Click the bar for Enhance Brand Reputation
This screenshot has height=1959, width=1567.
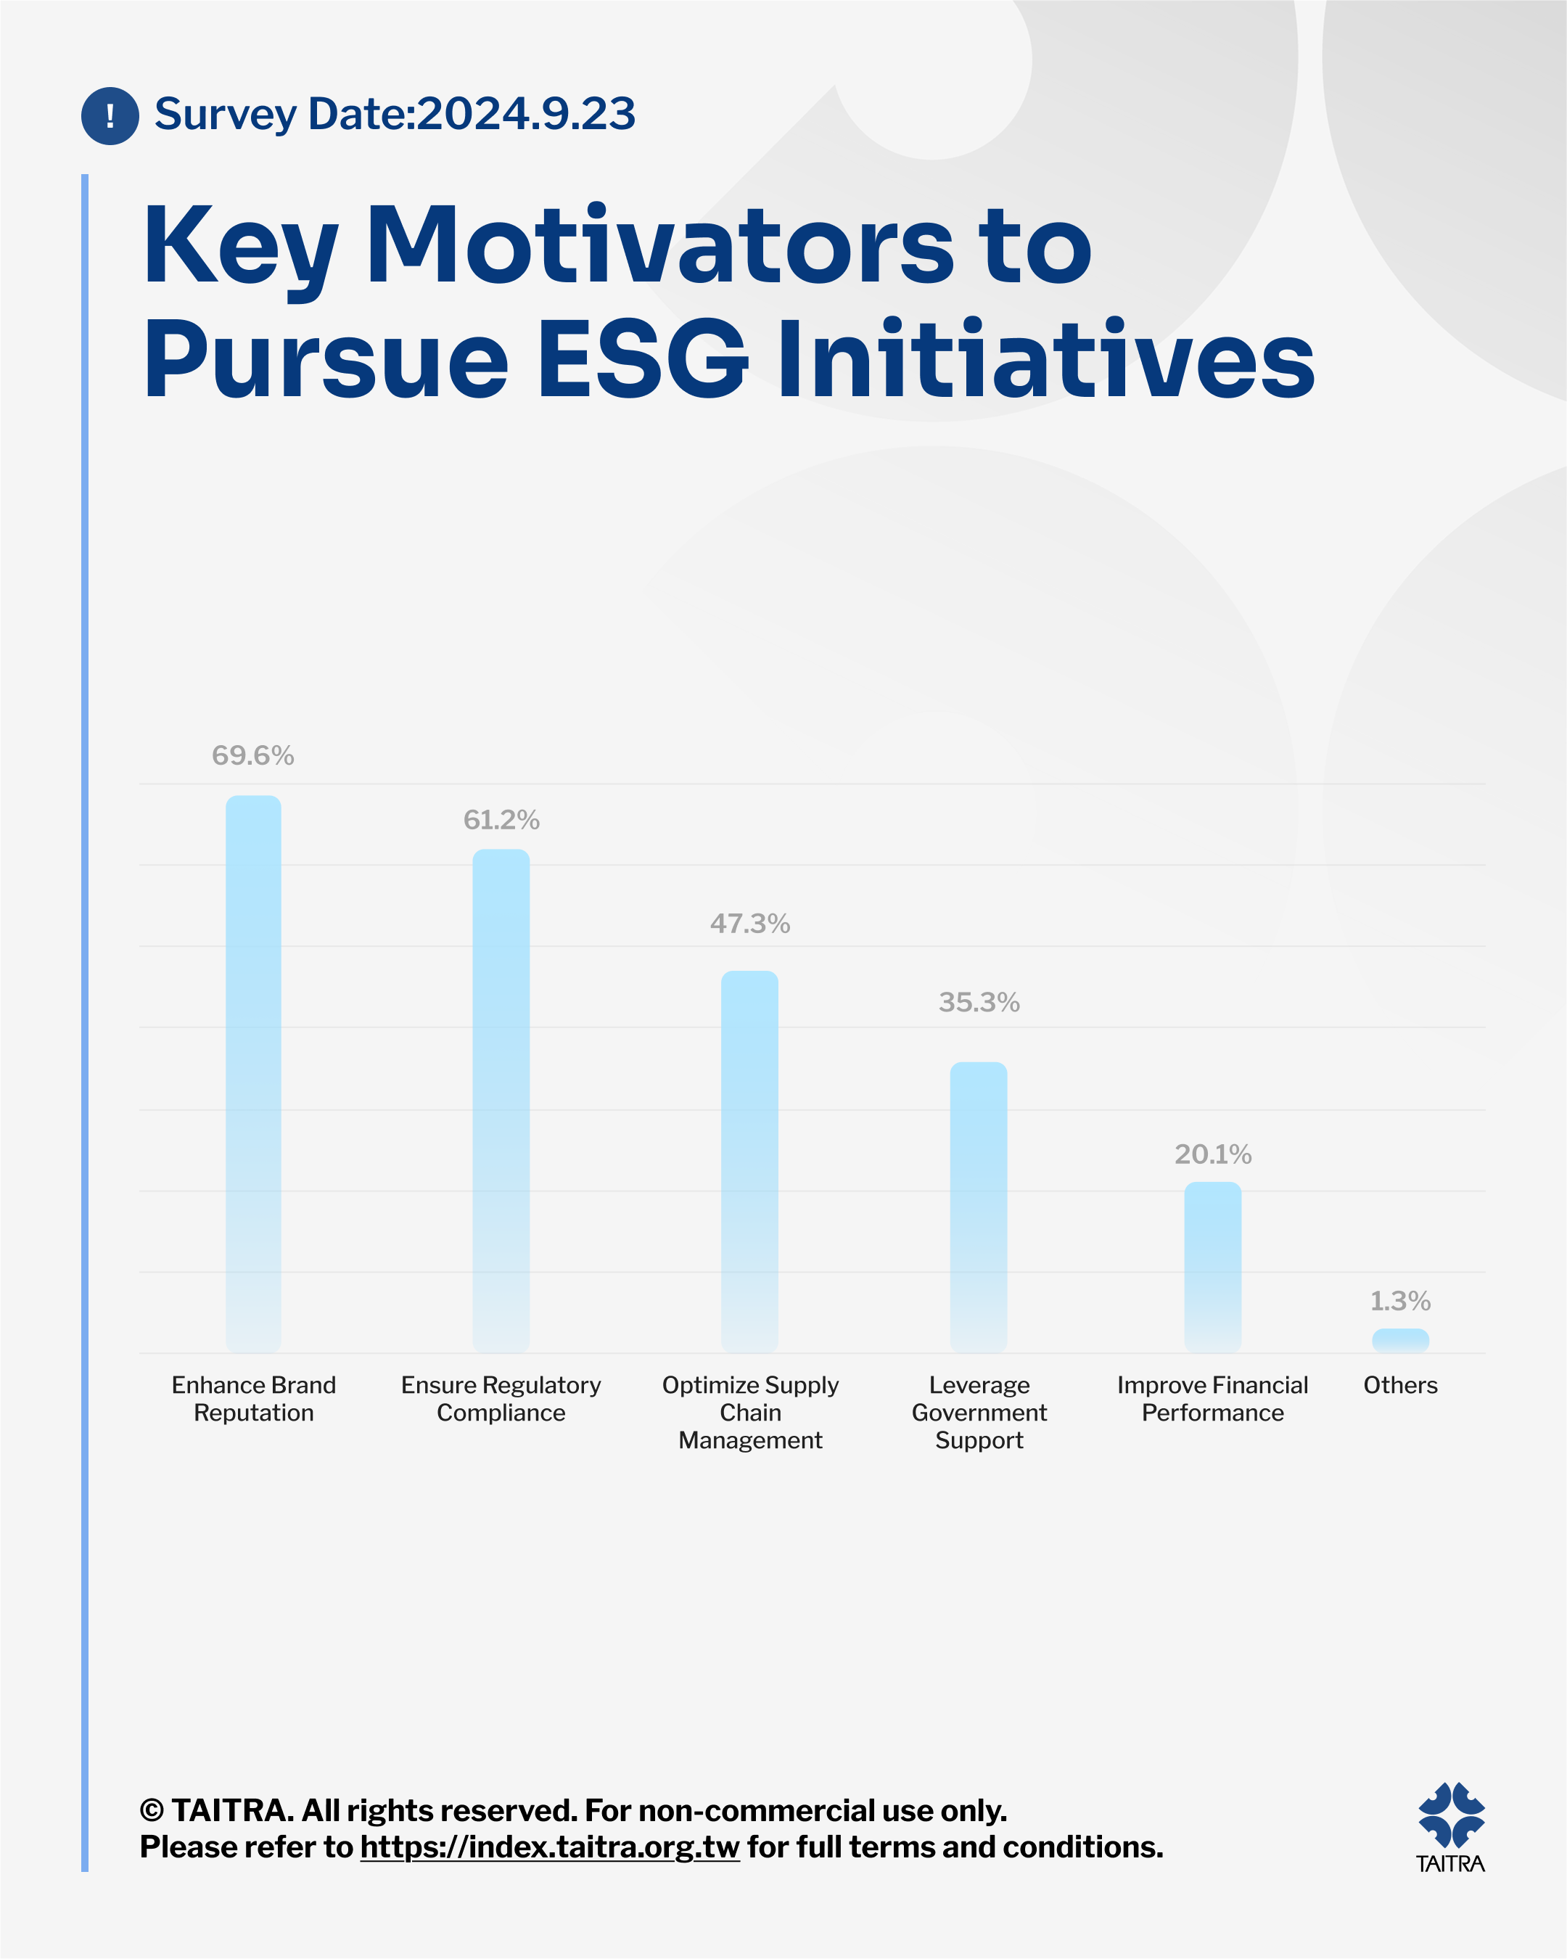253,1074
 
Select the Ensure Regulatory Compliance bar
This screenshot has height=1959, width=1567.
501,1101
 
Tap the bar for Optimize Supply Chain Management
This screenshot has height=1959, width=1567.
749,1162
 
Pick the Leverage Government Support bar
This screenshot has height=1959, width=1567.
979,1207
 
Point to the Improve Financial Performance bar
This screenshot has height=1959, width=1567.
1213,1268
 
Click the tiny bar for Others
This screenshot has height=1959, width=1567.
1401,1340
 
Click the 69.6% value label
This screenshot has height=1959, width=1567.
252,755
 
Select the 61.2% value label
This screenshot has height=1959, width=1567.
501,820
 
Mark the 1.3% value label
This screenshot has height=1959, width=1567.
1401,1301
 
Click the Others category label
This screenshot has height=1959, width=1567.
1401,1385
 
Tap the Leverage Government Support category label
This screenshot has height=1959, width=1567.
979,1412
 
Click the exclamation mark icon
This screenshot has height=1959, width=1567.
110,115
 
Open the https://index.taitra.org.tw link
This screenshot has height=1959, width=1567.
550,1847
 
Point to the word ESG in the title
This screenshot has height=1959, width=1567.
642,360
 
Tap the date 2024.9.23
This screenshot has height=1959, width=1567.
526,114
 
